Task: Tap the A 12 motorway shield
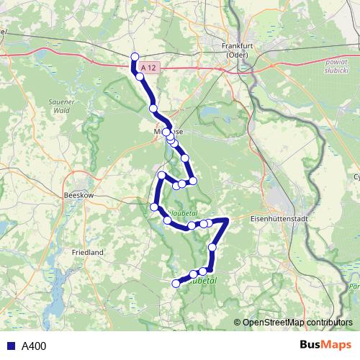(148, 67)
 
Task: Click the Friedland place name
(88, 253)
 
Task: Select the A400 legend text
(34, 346)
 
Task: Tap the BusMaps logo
(325, 345)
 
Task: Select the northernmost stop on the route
(134, 57)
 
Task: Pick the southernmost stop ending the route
(176, 284)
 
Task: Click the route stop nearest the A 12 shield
(140, 76)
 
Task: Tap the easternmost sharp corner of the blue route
(226, 220)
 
